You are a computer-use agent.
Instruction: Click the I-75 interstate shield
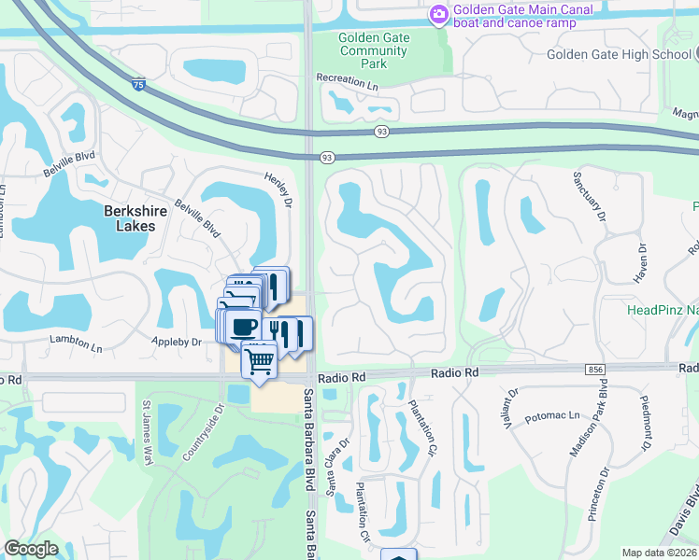click(x=138, y=85)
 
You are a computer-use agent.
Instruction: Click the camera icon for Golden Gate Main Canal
click(x=438, y=15)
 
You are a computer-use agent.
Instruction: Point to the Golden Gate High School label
click(x=618, y=54)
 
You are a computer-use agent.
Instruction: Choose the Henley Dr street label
click(x=278, y=189)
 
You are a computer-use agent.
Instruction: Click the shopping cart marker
click(x=260, y=357)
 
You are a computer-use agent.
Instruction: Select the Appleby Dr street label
click(x=177, y=343)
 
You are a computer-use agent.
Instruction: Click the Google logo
click(x=31, y=549)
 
